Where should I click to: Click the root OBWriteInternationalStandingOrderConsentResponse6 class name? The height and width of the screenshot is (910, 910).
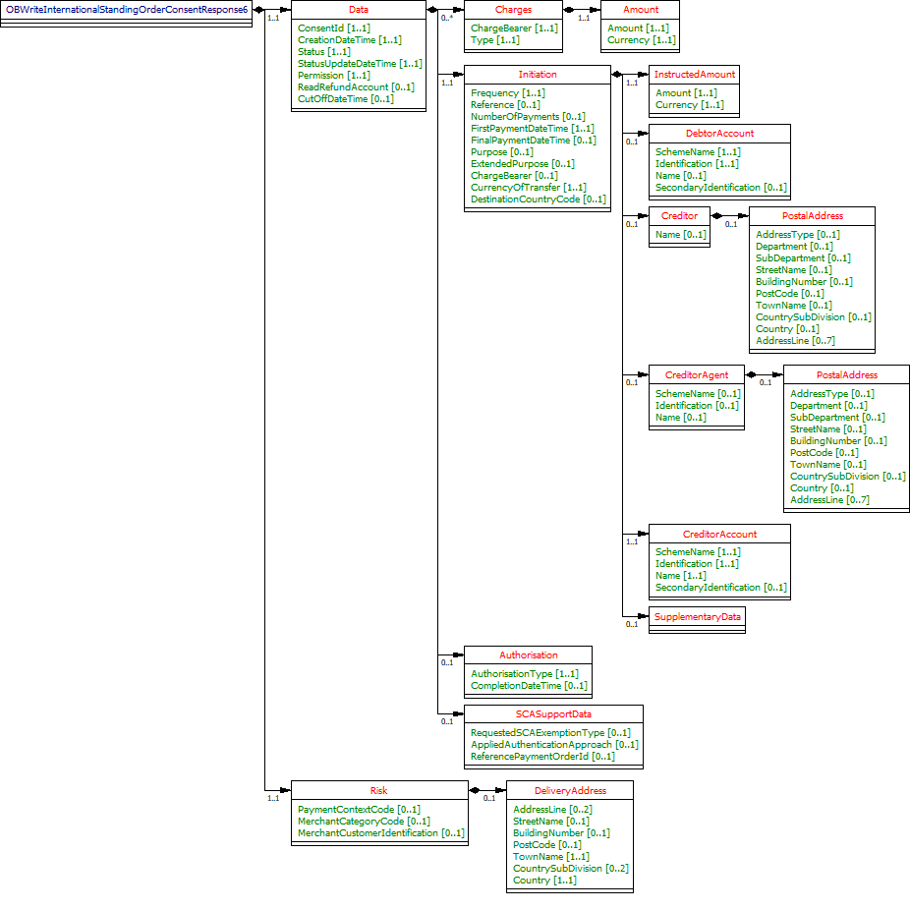tap(127, 9)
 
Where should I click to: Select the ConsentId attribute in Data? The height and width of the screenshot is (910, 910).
tap(333, 28)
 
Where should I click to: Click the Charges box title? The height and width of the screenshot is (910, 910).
tap(513, 9)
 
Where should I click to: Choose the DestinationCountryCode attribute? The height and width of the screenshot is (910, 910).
tap(538, 199)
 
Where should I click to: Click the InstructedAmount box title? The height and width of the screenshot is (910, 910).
tap(694, 75)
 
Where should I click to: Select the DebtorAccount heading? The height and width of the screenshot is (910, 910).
tap(719, 134)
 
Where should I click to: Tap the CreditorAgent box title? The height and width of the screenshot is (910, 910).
tap(696, 374)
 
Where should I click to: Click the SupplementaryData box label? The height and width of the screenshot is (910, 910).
tap(697, 616)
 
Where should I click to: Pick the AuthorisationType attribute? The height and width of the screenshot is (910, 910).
tap(525, 673)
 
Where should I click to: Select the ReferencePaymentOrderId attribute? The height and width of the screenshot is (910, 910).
tap(542, 756)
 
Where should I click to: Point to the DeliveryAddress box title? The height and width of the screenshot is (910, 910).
tap(570, 790)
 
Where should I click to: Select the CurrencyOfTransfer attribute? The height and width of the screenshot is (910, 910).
tap(528, 188)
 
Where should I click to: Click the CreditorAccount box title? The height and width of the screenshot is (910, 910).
tap(719, 534)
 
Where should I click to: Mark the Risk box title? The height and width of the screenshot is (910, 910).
tap(378, 790)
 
